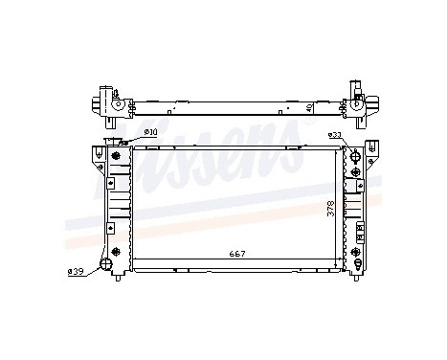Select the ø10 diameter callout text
[150, 132]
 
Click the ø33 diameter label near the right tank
[336, 135]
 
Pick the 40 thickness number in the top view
[308, 108]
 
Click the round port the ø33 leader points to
[355, 155]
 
